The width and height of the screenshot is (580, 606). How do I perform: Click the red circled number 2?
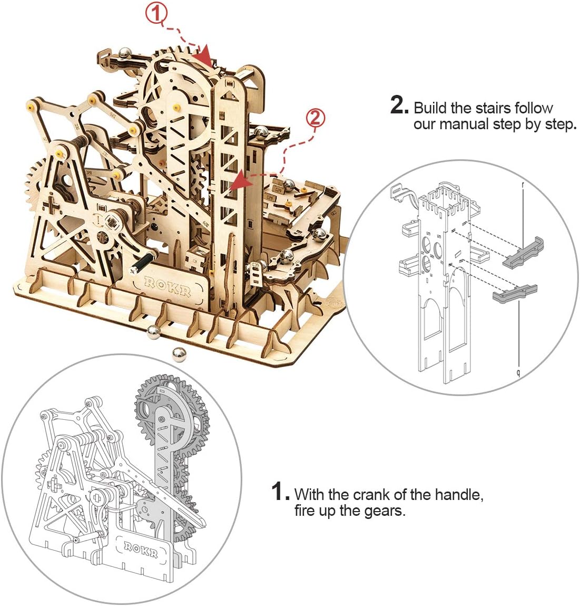point(315,118)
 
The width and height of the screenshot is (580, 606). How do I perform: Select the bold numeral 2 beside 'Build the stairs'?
point(399,104)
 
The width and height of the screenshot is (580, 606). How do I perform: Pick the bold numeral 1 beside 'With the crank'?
point(280,492)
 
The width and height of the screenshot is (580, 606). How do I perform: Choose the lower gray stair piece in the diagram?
point(514,293)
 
